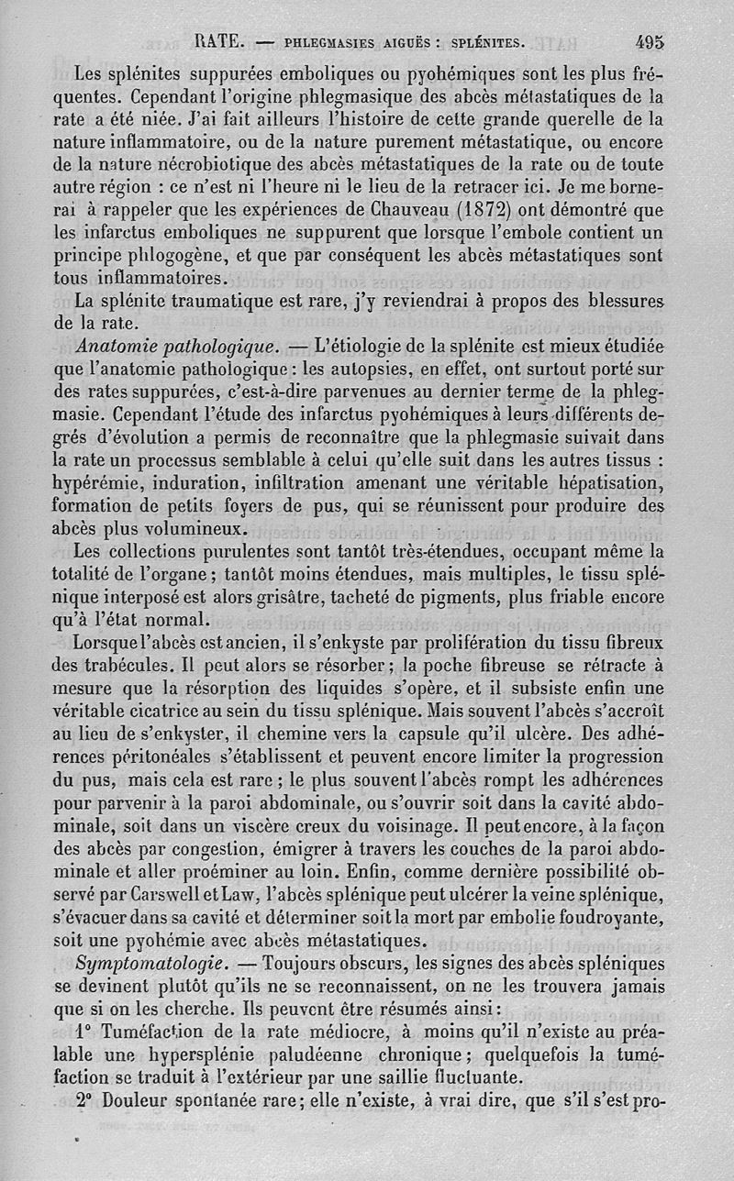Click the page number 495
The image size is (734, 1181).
[648, 40]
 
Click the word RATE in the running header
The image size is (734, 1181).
[218, 40]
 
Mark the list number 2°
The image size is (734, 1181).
[87, 1099]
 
